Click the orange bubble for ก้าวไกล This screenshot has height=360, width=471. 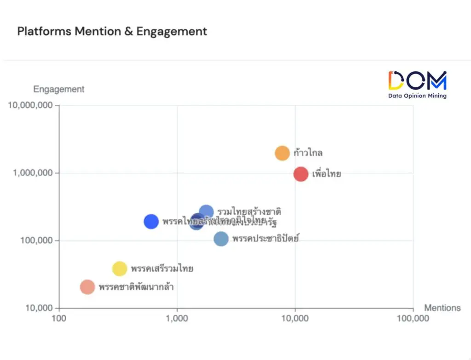click(x=282, y=153)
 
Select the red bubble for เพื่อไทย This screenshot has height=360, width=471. click(x=301, y=174)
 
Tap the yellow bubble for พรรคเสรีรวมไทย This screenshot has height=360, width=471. click(x=120, y=269)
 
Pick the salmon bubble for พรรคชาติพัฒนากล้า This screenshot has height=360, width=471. click(x=87, y=287)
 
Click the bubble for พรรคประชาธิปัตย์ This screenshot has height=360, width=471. click(x=221, y=239)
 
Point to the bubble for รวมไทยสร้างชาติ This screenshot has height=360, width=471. click(x=207, y=212)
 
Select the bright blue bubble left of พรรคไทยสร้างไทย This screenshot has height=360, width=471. click(x=151, y=221)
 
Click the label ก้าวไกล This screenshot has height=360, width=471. click(x=308, y=153)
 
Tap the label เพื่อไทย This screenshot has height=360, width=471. click(x=327, y=174)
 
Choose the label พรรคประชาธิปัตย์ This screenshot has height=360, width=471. click(x=265, y=239)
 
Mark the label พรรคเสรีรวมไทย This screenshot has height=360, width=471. click(x=162, y=269)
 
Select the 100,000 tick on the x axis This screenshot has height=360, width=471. click(x=413, y=319)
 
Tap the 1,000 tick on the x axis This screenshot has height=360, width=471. click(x=177, y=319)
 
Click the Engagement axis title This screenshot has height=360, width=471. click(x=58, y=89)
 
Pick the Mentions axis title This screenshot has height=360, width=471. click(x=442, y=308)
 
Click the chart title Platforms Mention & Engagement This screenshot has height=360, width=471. click(x=112, y=31)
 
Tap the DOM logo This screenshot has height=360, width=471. click(x=417, y=84)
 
